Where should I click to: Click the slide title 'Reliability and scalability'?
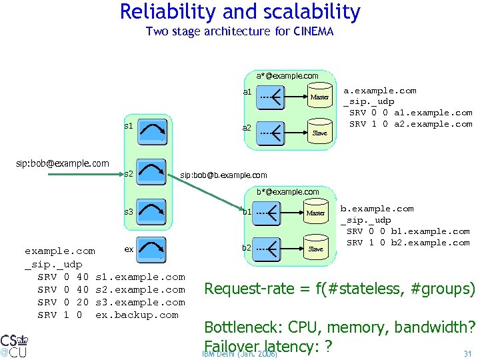click(240, 12)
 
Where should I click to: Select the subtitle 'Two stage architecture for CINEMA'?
click(239, 31)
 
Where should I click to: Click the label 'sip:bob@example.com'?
click(63, 163)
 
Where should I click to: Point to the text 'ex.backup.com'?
click(137, 315)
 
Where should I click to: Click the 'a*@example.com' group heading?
click(287, 76)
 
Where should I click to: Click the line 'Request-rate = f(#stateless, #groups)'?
click(339, 289)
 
